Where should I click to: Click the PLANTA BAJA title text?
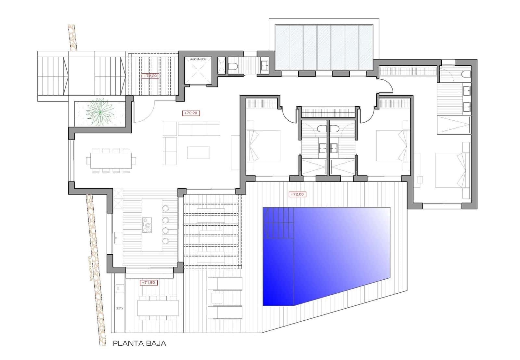click(139, 343)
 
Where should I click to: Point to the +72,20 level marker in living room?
click(191, 113)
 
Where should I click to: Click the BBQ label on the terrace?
click(119, 308)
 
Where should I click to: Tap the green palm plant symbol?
click(99, 112)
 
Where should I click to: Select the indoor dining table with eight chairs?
click(111, 160)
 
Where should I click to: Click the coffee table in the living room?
click(198, 153)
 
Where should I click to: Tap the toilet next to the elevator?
click(233, 66)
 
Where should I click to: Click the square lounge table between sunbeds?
click(216, 297)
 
